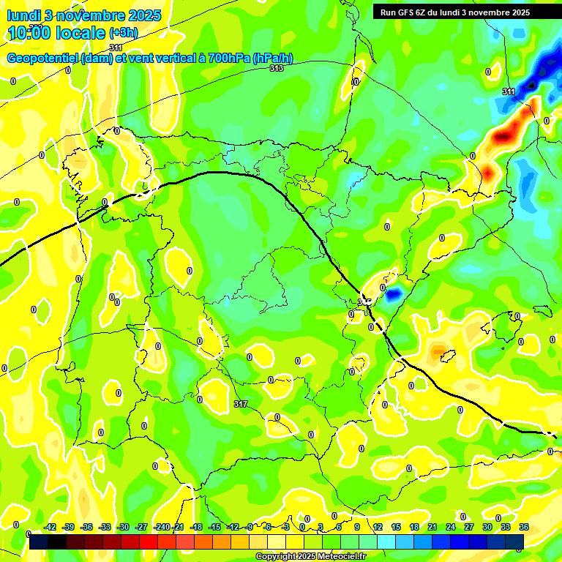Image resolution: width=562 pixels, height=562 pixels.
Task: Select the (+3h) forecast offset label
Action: tap(123, 33)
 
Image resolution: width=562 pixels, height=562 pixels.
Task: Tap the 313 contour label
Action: tap(276, 68)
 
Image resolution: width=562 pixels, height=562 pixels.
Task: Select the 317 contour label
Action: tap(241, 404)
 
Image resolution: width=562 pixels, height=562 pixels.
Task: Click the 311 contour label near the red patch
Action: tap(509, 91)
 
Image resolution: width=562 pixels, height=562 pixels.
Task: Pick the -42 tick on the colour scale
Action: tap(50, 527)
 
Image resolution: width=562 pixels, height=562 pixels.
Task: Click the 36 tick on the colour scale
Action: tap(524, 527)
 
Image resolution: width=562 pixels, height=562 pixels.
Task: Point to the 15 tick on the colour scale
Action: tap(396, 527)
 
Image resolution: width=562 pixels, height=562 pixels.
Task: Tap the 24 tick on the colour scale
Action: tap(451, 527)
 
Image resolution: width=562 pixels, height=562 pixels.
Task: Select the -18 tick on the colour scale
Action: tap(196, 527)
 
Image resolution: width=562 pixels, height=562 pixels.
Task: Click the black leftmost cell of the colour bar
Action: tap(39, 542)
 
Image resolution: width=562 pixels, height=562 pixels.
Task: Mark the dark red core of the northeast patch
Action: tap(503, 135)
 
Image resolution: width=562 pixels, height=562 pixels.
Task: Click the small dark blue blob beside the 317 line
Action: tap(394, 294)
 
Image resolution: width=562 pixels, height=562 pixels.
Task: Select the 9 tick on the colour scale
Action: tap(357, 527)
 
